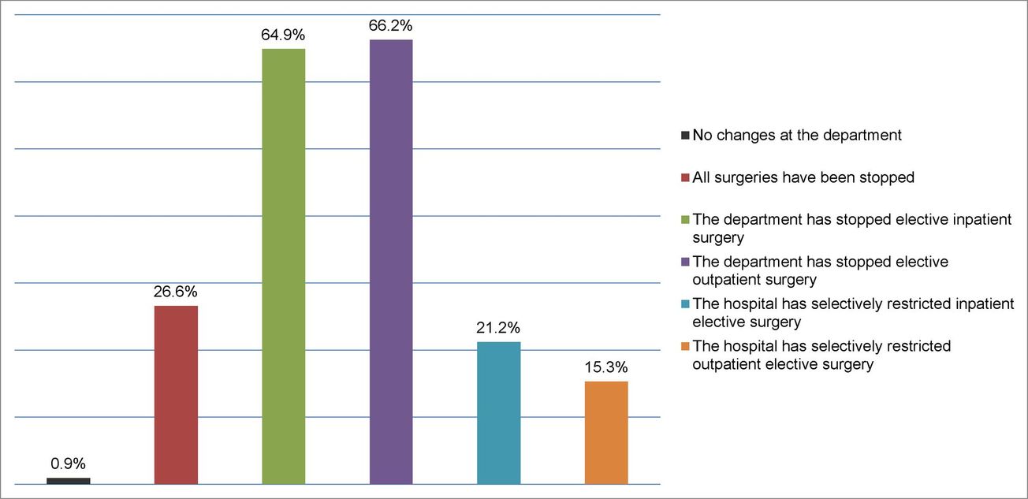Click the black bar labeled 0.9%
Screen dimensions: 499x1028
[x=68, y=480]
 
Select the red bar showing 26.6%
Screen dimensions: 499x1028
[x=176, y=394]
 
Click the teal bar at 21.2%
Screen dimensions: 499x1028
[x=499, y=412]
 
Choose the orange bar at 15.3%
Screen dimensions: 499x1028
[x=606, y=432]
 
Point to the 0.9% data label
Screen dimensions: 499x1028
[x=69, y=463]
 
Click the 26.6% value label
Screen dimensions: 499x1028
[x=176, y=291]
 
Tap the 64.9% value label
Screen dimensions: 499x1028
[x=284, y=35]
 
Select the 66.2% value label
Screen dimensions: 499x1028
[x=391, y=25]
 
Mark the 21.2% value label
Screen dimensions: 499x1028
[x=499, y=327]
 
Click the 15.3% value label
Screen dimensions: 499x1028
[x=606, y=367]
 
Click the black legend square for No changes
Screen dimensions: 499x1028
[x=686, y=136]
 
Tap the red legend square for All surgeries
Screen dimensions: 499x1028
[x=686, y=178]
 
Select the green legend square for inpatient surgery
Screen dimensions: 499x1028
[x=686, y=221]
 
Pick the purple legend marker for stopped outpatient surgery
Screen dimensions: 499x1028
[x=686, y=263]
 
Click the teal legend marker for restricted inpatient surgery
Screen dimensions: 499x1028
[x=686, y=304]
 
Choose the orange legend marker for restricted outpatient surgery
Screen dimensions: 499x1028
[x=686, y=347]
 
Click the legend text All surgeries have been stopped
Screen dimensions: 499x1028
[x=803, y=177]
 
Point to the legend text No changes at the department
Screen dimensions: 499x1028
[x=796, y=135]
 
